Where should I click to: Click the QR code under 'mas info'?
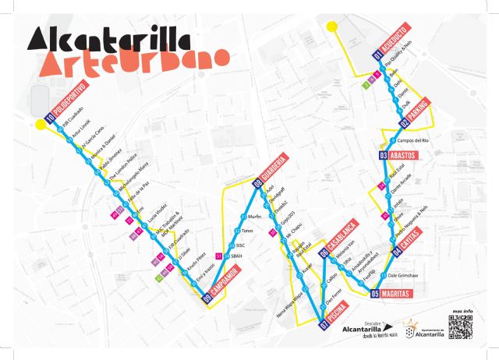(x=462, y=328)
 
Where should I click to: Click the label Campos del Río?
(x=413, y=140)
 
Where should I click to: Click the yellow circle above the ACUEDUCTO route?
(x=333, y=28)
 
